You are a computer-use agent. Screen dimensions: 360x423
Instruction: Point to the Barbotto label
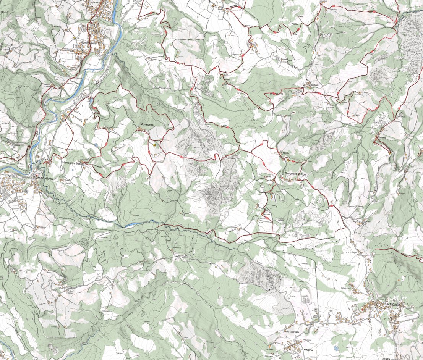click(312, 85)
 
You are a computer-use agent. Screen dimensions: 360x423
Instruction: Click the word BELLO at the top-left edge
click(4, 12)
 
